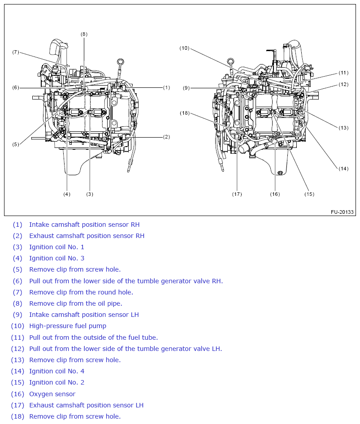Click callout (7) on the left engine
[16, 52]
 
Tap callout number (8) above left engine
[84, 34]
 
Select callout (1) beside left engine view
[166, 87]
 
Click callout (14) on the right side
[343, 169]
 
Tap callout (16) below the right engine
[275, 194]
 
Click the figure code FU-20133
[342, 212]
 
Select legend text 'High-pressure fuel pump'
[68, 326]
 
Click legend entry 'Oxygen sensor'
[52, 394]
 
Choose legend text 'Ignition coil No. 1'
[56, 247]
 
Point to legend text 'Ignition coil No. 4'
[56, 371]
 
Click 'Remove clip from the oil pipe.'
[76, 303]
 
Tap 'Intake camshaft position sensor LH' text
[84, 315]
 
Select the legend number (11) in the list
[17, 337]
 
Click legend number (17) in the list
[17, 405]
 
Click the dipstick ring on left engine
[120, 61]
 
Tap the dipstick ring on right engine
[230, 61]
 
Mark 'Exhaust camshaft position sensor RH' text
[87, 236]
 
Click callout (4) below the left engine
[67, 194]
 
